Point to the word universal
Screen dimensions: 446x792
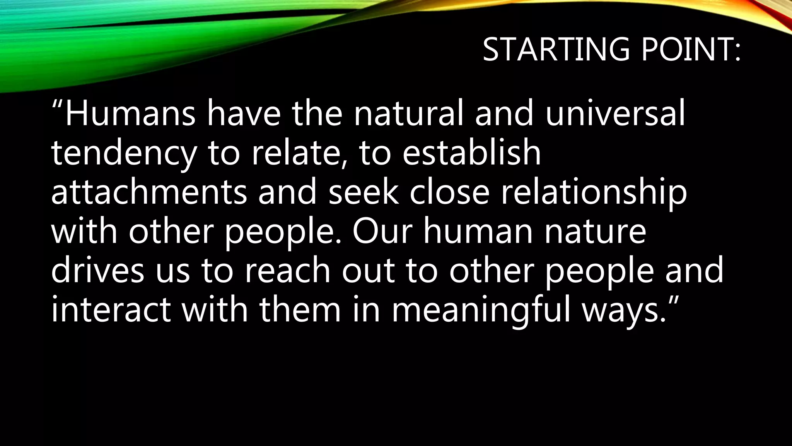pos(615,113)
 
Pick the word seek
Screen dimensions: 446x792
pos(364,192)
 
